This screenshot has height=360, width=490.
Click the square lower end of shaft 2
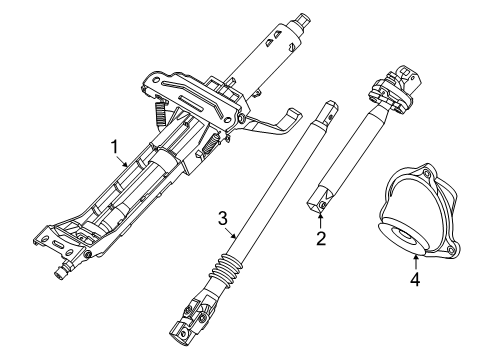317,197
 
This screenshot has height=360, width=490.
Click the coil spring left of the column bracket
160,115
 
